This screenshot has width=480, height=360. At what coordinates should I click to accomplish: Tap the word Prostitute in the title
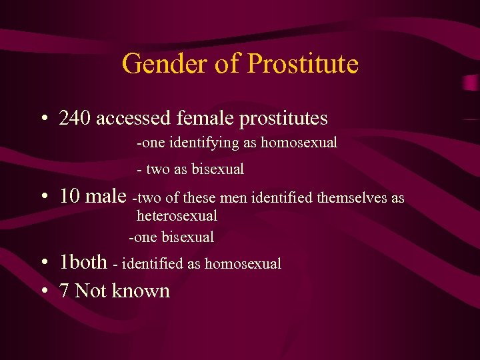pyautogui.click(x=303, y=64)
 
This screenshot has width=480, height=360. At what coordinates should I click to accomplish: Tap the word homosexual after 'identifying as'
pyautogui.click(x=299, y=143)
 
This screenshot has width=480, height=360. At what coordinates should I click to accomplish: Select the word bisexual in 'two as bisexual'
pyautogui.click(x=218, y=169)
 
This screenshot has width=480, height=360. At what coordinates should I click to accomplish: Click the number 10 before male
pyautogui.click(x=70, y=196)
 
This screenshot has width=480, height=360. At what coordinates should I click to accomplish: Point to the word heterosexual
pyautogui.click(x=177, y=216)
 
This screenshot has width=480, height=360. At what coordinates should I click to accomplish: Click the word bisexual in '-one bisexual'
pyautogui.click(x=188, y=237)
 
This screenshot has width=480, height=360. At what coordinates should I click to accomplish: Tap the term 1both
pyautogui.click(x=83, y=262)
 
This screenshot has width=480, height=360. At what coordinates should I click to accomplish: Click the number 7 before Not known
pyautogui.click(x=65, y=291)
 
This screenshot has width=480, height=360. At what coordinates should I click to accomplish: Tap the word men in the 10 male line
pyautogui.click(x=237, y=197)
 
